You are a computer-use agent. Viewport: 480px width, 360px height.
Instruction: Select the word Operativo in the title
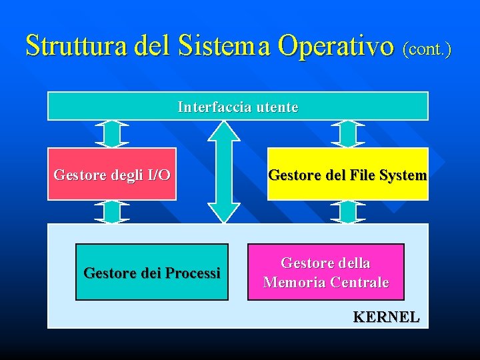[336, 45]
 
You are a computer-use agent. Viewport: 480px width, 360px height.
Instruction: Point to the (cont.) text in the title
[427, 48]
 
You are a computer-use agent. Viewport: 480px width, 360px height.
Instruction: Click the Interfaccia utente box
[237, 106]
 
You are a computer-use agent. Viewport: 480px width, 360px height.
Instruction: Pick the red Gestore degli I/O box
[112, 174]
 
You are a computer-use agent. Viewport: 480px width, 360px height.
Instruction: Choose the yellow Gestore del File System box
[347, 174]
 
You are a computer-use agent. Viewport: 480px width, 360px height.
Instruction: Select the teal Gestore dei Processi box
[151, 272]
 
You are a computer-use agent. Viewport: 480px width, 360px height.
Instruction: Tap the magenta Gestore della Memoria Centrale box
[326, 272]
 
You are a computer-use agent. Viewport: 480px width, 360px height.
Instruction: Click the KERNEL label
[386, 317]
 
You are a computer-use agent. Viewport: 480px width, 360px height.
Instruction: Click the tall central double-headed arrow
[223, 171]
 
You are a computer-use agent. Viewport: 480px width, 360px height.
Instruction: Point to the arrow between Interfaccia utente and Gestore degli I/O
[111, 133]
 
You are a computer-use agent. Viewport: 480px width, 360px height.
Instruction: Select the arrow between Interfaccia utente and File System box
[348, 133]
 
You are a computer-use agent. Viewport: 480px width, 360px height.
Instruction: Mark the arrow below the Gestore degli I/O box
[111, 211]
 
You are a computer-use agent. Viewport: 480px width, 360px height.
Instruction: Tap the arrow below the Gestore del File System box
[348, 211]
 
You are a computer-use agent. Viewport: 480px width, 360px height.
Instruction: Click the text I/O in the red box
[158, 175]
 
